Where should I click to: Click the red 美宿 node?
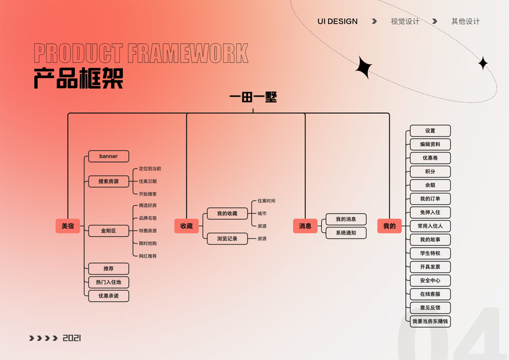68,226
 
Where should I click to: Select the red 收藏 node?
186,226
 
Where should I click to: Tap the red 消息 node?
305,226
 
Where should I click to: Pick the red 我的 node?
389,226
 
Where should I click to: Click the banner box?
109,157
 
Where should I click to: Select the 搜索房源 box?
109,181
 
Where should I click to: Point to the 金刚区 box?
109,231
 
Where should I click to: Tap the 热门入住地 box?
109,282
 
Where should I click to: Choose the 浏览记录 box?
227,239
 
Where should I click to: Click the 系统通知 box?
346,233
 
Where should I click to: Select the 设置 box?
430,131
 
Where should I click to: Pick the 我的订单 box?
430,199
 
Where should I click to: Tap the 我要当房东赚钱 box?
430,322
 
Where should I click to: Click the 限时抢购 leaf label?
147,244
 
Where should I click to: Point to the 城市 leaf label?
262,214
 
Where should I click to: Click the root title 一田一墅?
253,98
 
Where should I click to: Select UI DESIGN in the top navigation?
338,22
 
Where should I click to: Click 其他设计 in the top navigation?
466,22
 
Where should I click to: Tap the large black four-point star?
363,68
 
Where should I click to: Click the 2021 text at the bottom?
71,338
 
